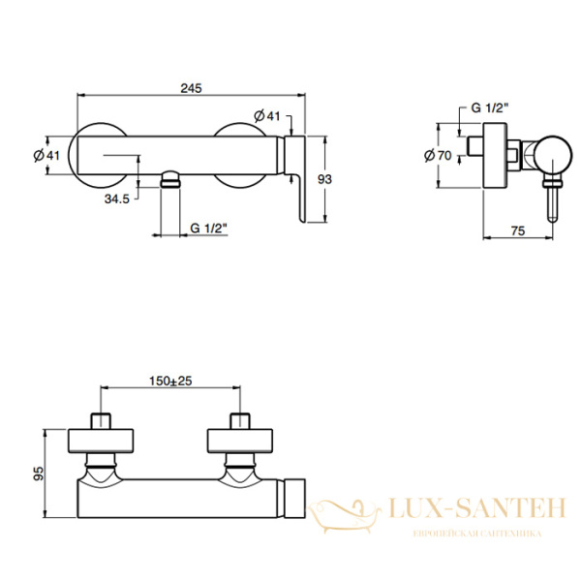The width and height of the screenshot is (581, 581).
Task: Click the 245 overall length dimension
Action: pos(191,88)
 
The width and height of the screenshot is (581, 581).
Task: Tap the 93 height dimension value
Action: pos(324,179)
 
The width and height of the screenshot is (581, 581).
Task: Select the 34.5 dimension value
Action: pos(117,199)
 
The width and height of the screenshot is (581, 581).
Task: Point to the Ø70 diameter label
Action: pos(438,155)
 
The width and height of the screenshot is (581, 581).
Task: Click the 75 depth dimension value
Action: pos(518,230)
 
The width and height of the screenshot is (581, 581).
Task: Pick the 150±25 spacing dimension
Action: pos(170,381)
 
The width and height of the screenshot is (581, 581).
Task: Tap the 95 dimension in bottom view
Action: pos(38,474)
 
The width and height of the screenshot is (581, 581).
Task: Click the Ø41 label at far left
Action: pos(46,155)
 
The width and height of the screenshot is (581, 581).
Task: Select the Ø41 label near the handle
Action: pos(267,116)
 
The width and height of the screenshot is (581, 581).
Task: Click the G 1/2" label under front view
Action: pos(208,228)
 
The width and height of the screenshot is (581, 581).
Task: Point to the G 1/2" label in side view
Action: pos(489,107)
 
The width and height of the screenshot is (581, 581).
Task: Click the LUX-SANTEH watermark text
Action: pos(477,508)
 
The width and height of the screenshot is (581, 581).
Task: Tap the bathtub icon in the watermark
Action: pos(344,516)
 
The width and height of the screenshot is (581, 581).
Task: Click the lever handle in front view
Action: pos(295,179)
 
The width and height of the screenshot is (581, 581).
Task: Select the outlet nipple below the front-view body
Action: pos(170,179)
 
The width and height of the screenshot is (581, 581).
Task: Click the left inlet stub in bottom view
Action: pos(101,421)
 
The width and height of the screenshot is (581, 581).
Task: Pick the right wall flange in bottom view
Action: pos(240,441)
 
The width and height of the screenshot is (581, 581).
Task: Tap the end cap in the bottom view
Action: pos(295,499)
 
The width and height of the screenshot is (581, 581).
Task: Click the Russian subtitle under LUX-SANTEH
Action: pos(477,534)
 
